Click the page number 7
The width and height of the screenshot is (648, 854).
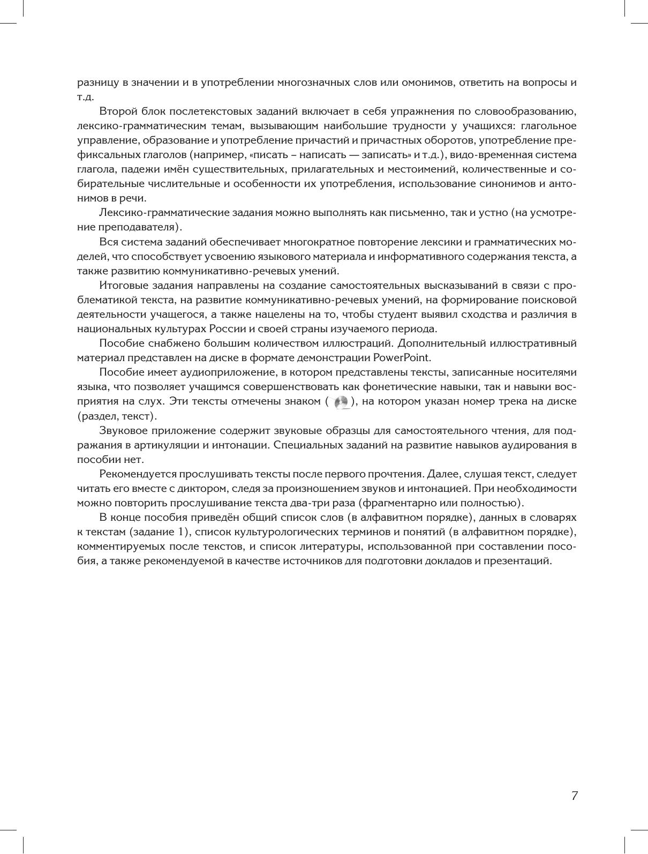575,796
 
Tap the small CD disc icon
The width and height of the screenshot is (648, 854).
341,402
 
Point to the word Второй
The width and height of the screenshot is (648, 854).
116,111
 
